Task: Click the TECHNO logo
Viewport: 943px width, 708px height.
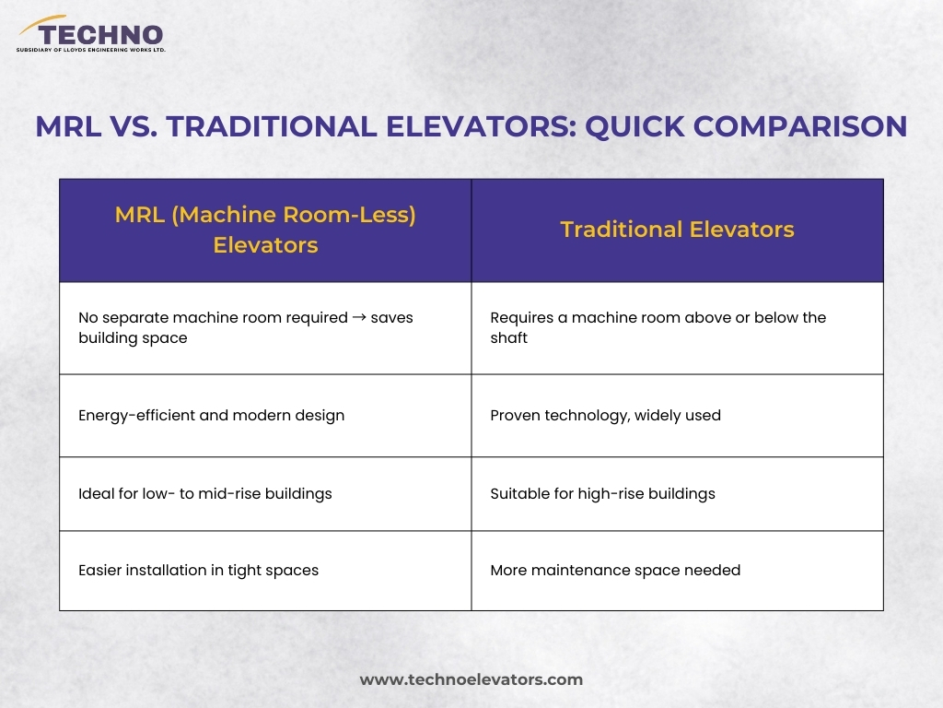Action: pyautogui.click(x=91, y=34)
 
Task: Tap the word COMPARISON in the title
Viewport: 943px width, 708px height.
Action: pyautogui.click(x=800, y=126)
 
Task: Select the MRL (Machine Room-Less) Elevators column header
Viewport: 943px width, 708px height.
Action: pyautogui.click(x=265, y=230)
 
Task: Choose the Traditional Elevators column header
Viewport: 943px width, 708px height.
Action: pyautogui.click(x=677, y=230)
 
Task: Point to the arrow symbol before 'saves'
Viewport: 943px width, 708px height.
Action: pyautogui.click(x=359, y=317)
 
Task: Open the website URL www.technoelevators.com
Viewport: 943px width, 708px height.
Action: pyautogui.click(x=471, y=679)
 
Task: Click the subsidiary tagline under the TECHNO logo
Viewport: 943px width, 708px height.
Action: pyautogui.click(x=91, y=50)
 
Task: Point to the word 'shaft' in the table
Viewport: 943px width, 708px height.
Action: pyautogui.click(x=508, y=337)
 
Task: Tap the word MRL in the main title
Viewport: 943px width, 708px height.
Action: pyautogui.click(x=68, y=127)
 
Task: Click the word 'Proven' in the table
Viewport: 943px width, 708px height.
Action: pyautogui.click(x=515, y=416)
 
